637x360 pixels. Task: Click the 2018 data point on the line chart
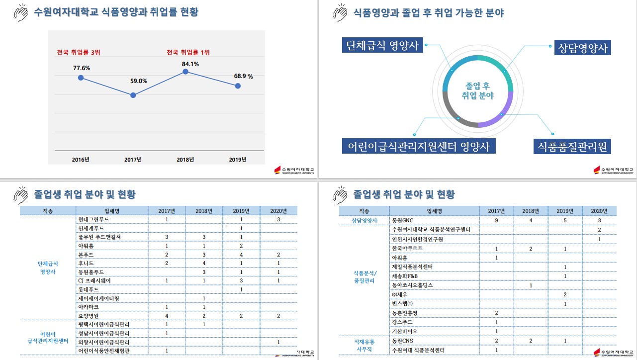click(x=185, y=72)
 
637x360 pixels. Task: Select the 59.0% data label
click(x=139, y=81)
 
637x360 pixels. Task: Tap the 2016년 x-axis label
click(x=81, y=160)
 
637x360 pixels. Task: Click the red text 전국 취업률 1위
click(x=188, y=52)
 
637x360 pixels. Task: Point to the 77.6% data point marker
click(x=81, y=78)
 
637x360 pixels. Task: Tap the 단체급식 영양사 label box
click(x=382, y=46)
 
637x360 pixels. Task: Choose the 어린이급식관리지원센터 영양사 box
click(x=419, y=146)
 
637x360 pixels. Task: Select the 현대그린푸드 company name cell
click(x=93, y=219)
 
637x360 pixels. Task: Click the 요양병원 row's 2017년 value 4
click(x=167, y=316)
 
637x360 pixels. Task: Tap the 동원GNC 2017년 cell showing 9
click(x=496, y=220)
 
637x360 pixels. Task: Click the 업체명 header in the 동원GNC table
click(x=435, y=211)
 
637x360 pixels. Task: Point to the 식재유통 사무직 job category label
click(x=364, y=346)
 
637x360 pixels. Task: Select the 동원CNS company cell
click(x=403, y=341)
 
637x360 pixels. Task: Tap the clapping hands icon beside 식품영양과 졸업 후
click(x=340, y=12)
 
